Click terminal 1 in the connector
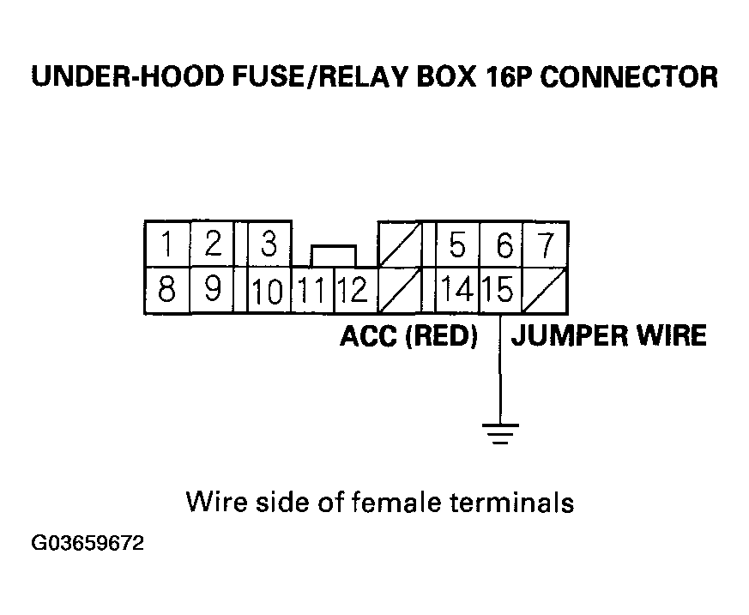pyautogui.click(x=167, y=246)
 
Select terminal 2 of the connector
pyautogui.click(x=213, y=245)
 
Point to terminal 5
pyautogui.click(x=457, y=246)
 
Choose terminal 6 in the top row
pyautogui.click(x=504, y=247)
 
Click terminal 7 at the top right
pyautogui.click(x=546, y=246)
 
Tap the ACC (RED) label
pyautogui.click(x=408, y=335)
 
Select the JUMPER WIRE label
pyautogui.click(x=608, y=335)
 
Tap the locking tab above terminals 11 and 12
pyautogui.click(x=333, y=256)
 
